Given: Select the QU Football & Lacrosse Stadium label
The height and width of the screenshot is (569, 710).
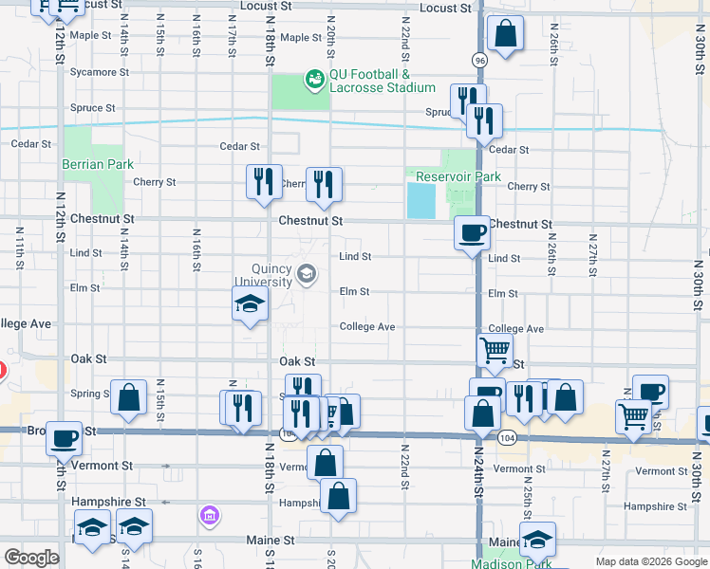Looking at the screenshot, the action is click(x=382, y=82).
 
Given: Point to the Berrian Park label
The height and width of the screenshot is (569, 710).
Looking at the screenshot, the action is click(x=98, y=164).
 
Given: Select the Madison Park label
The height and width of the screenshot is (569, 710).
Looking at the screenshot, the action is click(x=511, y=563).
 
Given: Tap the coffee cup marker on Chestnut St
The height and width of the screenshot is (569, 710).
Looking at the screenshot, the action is click(x=472, y=232).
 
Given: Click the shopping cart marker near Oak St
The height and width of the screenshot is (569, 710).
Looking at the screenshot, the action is click(x=495, y=352).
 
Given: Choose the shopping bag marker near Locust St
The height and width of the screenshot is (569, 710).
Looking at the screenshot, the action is click(x=506, y=35).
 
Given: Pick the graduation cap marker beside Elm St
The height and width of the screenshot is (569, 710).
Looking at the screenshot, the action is click(x=251, y=304).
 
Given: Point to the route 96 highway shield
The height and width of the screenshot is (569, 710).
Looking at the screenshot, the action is click(x=480, y=59).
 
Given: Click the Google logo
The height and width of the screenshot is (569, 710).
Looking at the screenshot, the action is click(x=31, y=558).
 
